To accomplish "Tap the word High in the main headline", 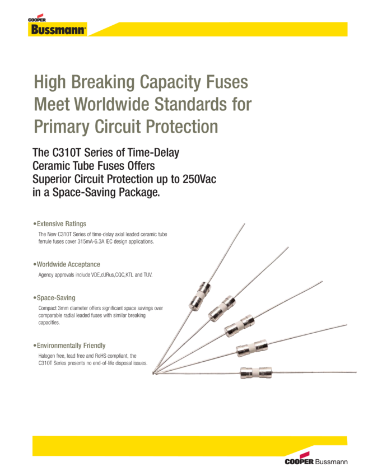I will [50, 82].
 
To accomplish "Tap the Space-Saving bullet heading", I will [55, 297].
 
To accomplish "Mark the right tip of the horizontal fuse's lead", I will [356, 371].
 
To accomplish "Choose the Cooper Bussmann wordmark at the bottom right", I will [316, 462].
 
